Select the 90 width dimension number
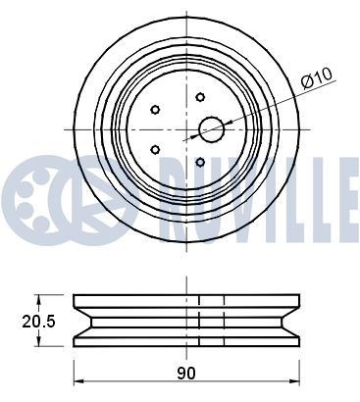coord(186,373)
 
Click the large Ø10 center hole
coord(212,128)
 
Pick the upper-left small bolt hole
coord(155,109)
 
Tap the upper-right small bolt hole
coord(199,97)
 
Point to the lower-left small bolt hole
coord(155,148)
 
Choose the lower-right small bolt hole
coord(199,161)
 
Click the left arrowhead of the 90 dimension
coord(79,382)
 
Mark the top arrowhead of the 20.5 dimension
coord(39,297)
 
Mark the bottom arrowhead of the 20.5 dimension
coord(39,341)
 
